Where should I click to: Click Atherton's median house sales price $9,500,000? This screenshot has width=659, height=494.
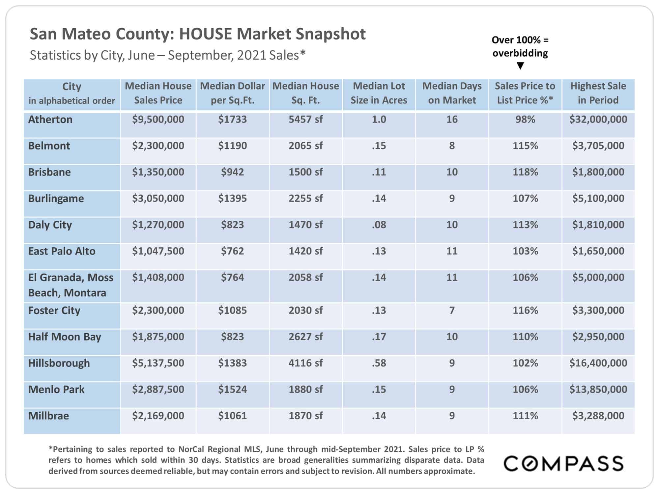[158, 119]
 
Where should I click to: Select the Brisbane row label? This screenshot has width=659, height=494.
[49, 172]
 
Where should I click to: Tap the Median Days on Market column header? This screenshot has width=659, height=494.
[452, 93]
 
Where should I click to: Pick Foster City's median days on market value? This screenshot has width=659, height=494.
[452, 310]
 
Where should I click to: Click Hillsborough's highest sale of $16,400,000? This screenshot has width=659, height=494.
[598, 363]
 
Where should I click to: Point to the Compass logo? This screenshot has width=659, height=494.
[563, 463]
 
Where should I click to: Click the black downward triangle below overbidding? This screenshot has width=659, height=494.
[520, 66]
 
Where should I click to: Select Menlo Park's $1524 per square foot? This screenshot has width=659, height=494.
[232, 389]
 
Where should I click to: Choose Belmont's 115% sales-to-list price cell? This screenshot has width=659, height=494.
[525, 146]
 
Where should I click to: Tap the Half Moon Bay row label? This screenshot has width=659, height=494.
[65, 337]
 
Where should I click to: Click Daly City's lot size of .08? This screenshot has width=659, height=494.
[379, 225]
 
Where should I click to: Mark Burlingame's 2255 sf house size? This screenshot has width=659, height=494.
[306, 198]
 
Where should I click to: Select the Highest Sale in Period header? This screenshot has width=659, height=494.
[598, 93]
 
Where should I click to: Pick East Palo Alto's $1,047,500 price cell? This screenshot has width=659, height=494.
[158, 251]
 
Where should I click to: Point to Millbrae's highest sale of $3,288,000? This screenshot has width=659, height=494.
[598, 416]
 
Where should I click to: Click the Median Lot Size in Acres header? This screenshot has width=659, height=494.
[379, 93]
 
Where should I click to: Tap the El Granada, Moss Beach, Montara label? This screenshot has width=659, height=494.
[71, 285]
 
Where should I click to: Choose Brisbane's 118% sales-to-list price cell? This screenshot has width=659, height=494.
[525, 172]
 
